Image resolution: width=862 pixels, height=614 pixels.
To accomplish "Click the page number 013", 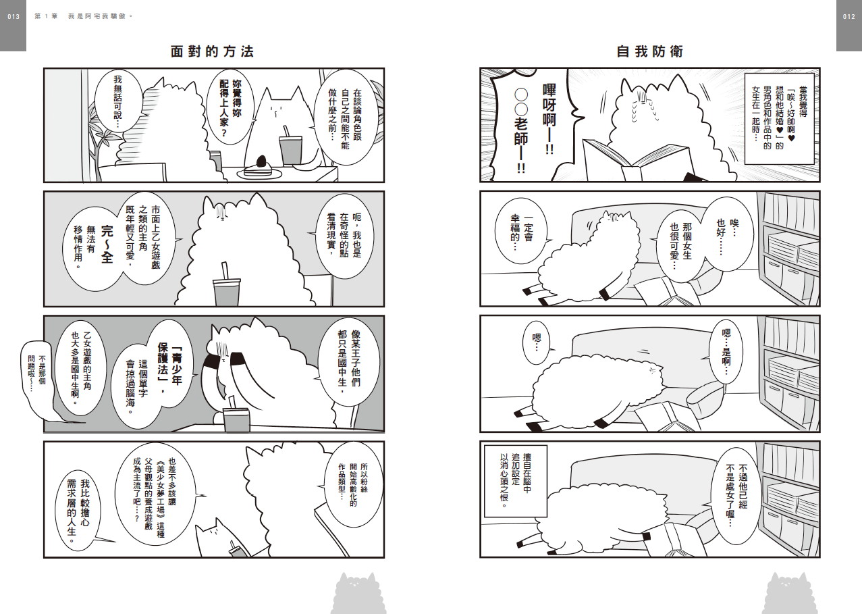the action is (14, 17).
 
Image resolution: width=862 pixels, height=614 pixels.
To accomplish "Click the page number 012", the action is (849, 17).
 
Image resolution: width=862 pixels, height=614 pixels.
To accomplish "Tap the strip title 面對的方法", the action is (212, 51).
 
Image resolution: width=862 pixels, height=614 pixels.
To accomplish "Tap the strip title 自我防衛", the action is (649, 51).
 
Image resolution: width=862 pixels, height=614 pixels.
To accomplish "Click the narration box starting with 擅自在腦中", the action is (516, 481).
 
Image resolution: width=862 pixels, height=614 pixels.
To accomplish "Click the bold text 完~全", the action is (107, 245).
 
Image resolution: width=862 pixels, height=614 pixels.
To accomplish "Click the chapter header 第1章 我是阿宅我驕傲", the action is (84, 17).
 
